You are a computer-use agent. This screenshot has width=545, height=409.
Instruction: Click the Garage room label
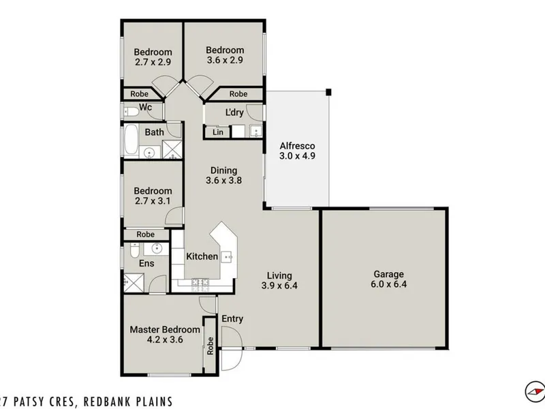point(388,274)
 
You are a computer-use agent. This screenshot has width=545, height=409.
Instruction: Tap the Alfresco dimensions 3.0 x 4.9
point(297,156)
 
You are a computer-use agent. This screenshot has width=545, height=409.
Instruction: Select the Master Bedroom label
point(165,329)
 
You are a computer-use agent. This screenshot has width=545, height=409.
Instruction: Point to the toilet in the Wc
point(131,112)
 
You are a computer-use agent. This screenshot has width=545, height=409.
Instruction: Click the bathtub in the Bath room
point(131,139)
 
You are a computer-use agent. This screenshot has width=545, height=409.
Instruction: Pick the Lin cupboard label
point(218,132)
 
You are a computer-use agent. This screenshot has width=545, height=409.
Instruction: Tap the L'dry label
point(234,112)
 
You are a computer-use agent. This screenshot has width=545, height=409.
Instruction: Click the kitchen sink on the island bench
point(228,257)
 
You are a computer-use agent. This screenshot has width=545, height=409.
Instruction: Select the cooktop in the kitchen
point(200,282)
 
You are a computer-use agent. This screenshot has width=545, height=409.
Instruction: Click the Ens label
point(146,263)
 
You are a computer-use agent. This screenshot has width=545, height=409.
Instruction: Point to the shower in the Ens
point(134,283)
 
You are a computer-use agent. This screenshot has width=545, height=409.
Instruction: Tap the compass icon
point(535,391)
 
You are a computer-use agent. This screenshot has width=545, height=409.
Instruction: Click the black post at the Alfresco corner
point(328,92)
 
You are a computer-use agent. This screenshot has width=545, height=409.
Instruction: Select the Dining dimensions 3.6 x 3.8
point(224,180)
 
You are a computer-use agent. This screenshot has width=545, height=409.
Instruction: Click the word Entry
point(232,319)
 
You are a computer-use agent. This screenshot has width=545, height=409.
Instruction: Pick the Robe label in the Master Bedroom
point(210,346)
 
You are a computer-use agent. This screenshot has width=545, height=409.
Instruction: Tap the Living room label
point(279,276)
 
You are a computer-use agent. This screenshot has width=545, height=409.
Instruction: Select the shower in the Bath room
point(172,149)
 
